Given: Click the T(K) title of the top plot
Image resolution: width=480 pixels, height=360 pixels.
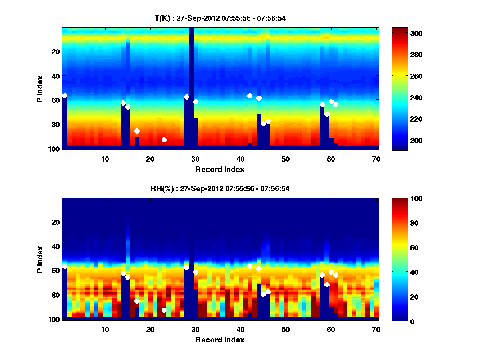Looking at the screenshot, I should click(x=220, y=18).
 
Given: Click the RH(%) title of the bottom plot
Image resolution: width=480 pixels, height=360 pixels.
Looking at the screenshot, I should click(x=220, y=189).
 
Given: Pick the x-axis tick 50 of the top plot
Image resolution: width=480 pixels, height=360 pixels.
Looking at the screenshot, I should click(x=285, y=159).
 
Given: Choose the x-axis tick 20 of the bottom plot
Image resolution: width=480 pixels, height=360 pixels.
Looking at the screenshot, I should click(x=150, y=329).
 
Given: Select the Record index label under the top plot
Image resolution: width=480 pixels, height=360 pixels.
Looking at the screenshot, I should click(x=220, y=169).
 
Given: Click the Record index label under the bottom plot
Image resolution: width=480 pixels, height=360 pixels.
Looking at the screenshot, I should click(x=220, y=340).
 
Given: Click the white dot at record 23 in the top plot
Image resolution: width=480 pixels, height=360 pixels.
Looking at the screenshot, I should click(x=164, y=140).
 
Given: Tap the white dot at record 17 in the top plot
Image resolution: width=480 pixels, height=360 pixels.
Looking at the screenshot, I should click(x=137, y=131).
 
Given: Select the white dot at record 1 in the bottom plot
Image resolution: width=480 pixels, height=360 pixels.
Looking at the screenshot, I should click(x=64, y=266).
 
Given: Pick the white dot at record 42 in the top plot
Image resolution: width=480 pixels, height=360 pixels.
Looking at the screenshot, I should click(x=250, y=96).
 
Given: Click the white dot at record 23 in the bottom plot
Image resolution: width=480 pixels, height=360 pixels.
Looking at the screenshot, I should click(x=164, y=310).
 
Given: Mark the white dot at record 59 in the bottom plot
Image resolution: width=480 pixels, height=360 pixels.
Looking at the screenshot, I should click(x=327, y=284).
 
